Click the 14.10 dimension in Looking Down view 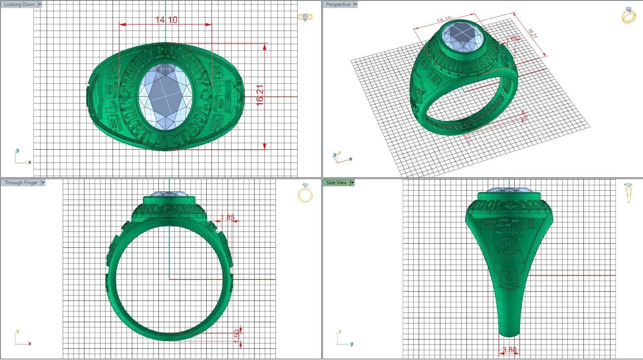click(x=166, y=20)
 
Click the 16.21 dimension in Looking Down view click(x=260, y=95)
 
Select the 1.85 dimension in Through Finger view click(x=227, y=217)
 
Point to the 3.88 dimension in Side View click(x=509, y=350)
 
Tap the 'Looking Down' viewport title click(x=19, y=4)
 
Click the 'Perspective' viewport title click(x=338, y=4)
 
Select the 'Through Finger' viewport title click(x=21, y=183)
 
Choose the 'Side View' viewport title click(x=336, y=183)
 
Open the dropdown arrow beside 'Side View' click(x=352, y=183)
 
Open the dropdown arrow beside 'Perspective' click(x=355, y=4)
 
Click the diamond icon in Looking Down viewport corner click(x=305, y=17)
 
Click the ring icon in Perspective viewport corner click(x=629, y=15)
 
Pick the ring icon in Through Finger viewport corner click(x=305, y=193)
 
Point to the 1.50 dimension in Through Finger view click(x=237, y=334)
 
